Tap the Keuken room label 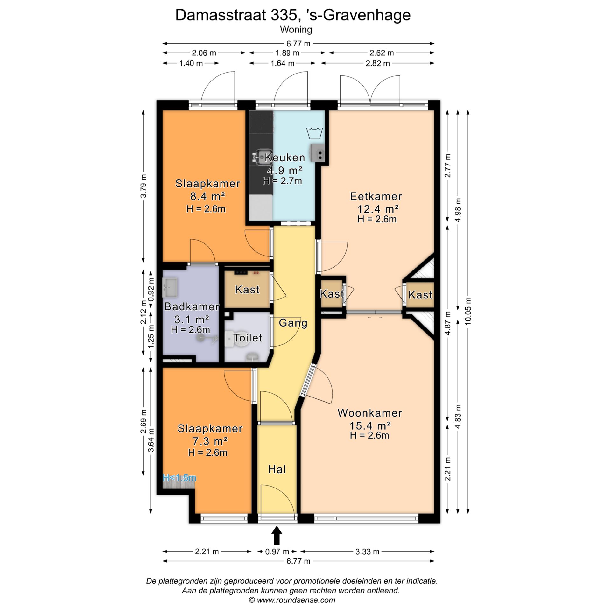285,158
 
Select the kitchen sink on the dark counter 262,157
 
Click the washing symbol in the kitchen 314,133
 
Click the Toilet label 248,338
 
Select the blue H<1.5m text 179,478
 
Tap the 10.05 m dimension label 468,311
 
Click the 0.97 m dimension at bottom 277,551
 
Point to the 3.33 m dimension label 367,551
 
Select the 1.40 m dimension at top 191,63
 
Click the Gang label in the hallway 293,323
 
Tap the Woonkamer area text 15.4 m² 370,425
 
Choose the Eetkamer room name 376,196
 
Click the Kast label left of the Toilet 247,290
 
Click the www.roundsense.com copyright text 292,600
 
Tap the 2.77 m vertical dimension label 448,166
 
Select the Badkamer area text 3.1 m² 192,319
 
